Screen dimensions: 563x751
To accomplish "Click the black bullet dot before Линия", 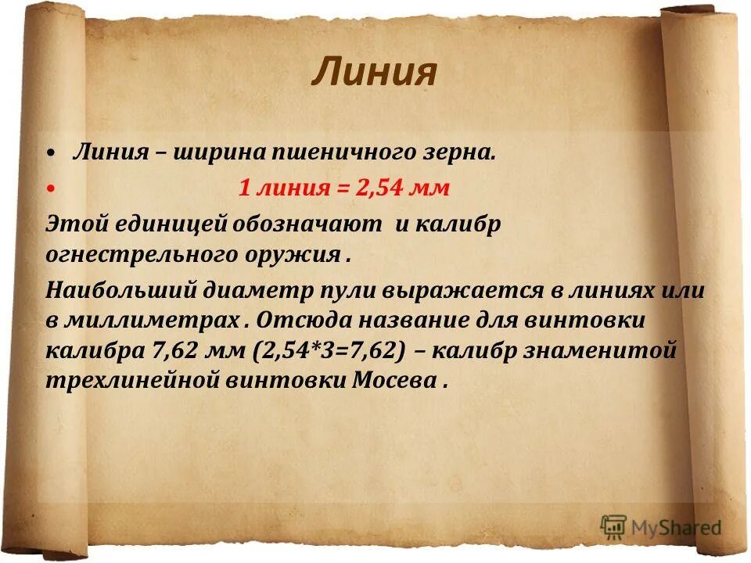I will pyautogui.click(x=51, y=152).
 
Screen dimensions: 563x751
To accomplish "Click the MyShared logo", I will pyautogui.click(x=661, y=528).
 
